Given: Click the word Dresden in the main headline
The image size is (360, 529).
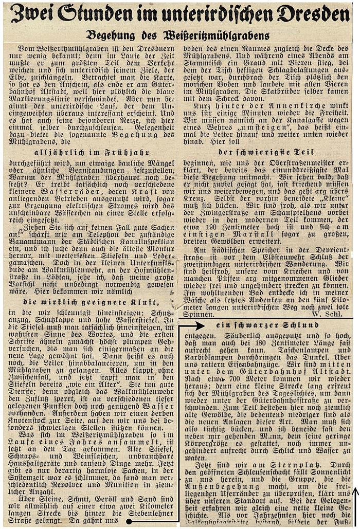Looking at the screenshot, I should (311, 14).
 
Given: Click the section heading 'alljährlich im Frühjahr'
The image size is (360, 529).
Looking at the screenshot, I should (91, 153).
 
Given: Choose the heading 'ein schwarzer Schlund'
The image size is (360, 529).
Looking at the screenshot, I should (267, 325).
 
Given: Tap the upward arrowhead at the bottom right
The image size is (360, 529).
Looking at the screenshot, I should (354, 492).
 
